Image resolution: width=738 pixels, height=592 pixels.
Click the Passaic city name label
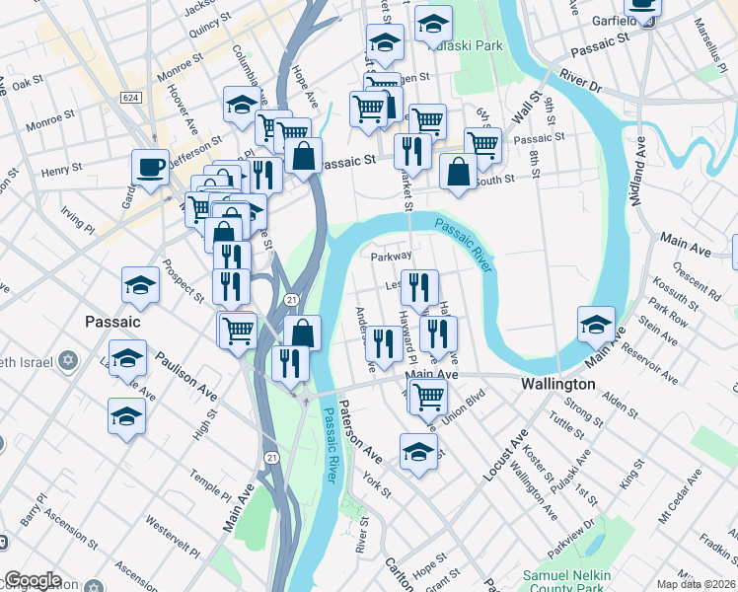pyautogui.click(x=111, y=322)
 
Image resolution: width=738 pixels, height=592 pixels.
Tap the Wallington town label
pyautogui.click(x=558, y=383)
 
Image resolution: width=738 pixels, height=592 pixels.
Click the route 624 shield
pyautogui.click(x=129, y=98)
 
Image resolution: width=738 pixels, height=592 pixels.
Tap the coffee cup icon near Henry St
pyautogui.click(x=150, y=167)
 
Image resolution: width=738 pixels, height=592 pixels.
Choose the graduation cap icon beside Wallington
pyautogui.click(x=596, y=323)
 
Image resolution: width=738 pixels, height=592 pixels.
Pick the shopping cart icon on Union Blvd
pyautogui.click(x=428, y=397)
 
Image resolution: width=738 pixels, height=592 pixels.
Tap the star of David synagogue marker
pyautogui.click(x=68, y=360)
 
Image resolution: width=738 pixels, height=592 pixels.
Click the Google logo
pyautogui.click(x=32, y=581)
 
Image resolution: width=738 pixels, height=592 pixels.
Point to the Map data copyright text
pyautogui.click(x=696, y=584)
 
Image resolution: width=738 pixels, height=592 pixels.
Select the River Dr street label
pyautogui.click(x=579, y=80)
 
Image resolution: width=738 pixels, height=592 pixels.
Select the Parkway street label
pyautogui.click(x=390, y=257)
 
